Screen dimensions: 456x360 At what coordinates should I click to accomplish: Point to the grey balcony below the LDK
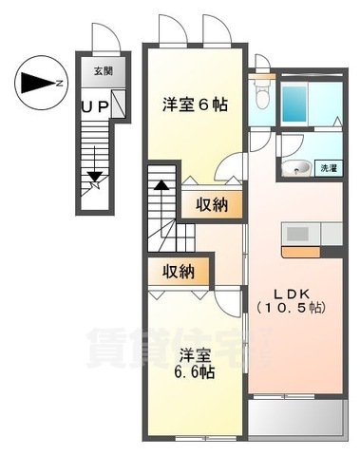[x=295, y=412]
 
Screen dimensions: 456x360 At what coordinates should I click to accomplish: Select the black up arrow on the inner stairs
[x=161, y=190]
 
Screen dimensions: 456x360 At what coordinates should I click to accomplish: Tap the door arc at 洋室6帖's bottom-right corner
[x=227, y=171]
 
